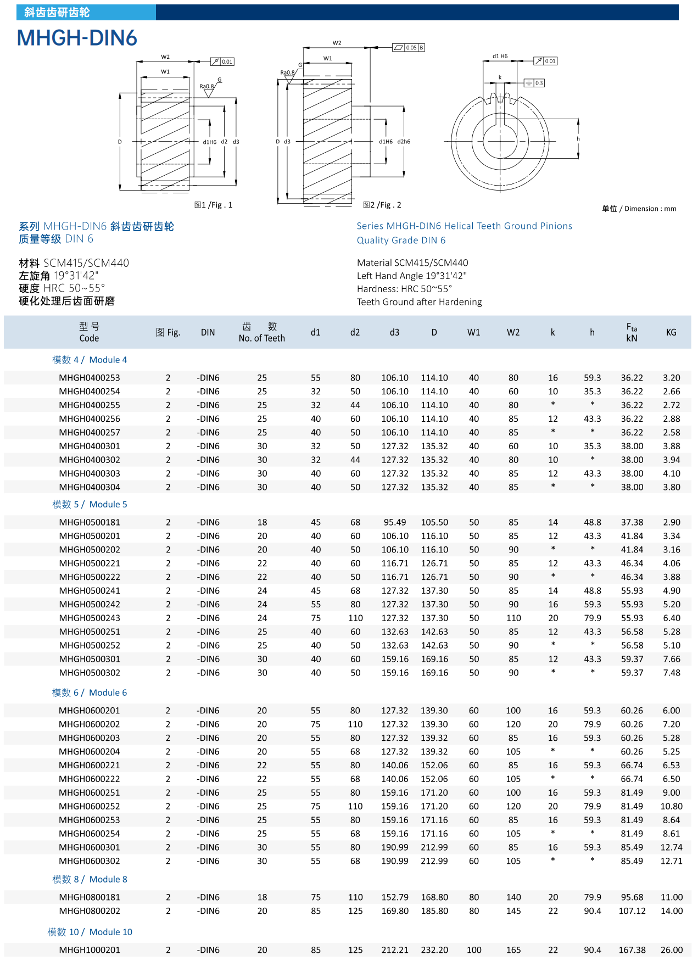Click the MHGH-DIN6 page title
pos(77,38)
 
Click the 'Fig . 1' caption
pos(214,205)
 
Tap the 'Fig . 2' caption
pos(382,205)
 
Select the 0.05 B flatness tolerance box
pos(409,48)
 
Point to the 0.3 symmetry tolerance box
pos(534,83)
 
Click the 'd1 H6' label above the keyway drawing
pos(500,56)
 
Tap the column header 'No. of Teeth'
pos(261,338)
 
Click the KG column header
pos(671,332)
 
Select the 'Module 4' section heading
pos(90,360)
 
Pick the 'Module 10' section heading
pos(90,932)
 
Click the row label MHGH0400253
pos(90,378)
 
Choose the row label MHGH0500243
pos(90,618)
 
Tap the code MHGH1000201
pos(90,950)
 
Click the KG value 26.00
pos(671,950)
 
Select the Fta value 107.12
pos(632,911)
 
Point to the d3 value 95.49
pos(395,522)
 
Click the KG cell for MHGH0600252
pos(671,806)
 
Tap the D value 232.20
pos(434,950)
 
